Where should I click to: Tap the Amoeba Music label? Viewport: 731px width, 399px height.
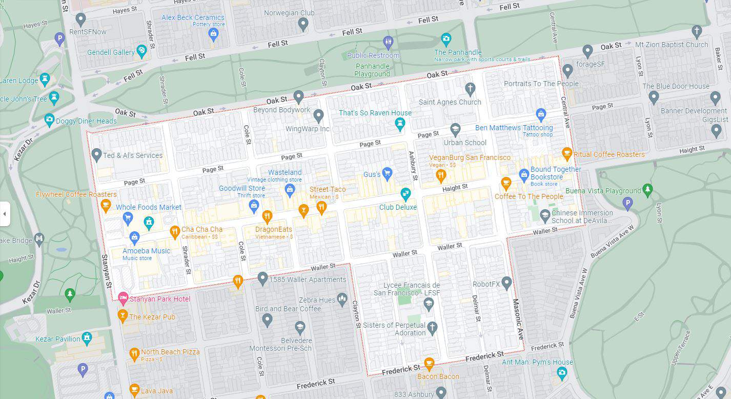pyautogui.click(x=146, y=251)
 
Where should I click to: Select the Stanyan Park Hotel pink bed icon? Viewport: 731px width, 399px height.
pyautogui.click(x=123, y=297)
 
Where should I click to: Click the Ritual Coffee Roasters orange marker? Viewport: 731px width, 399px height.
pyautogui.click(x=566, y=153)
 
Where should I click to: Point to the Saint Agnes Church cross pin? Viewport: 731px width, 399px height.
pyautogui.click(x=470, y=89)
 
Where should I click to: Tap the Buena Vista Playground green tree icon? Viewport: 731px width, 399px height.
pyautogui.click(x=647, y=190)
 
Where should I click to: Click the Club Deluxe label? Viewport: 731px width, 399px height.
pyautogui.click(x=398, y=207)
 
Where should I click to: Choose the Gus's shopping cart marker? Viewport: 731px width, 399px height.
pyautogui.click(x=387, y=173)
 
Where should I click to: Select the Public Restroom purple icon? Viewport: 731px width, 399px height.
pyautogui.click(x=388, y=42)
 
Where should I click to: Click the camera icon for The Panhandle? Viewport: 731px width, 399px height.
pyautogui.click(x=446, y=38)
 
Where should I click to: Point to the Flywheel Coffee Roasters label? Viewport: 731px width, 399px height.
pyautogui.click(x=76, y=194)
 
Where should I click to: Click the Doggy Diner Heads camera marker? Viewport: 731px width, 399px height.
pyautogui.click(x=49, y=120)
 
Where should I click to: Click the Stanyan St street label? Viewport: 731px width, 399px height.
pyautogui.click(x=107, y=271)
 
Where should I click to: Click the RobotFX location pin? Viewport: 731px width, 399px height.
pyautogui.click(x=506, y=282)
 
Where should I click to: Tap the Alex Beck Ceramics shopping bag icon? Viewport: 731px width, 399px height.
pyautogui.click(x=214, y=34)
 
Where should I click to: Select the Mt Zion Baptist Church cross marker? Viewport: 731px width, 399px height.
pyautogui.click(x=696, y=31)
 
